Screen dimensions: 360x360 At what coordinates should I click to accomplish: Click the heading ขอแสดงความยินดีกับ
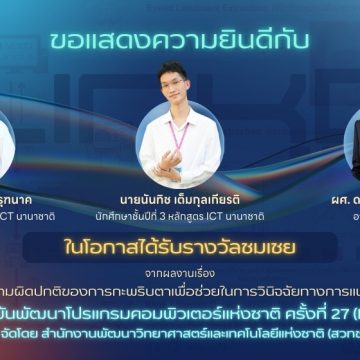pyautogui.click(x=180, y=46)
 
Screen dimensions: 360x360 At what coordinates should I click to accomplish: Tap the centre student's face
pyautogui.click(x=180, y=96)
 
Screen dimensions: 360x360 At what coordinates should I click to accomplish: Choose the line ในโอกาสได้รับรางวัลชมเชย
pyautogui.click(x=180, y=245)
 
